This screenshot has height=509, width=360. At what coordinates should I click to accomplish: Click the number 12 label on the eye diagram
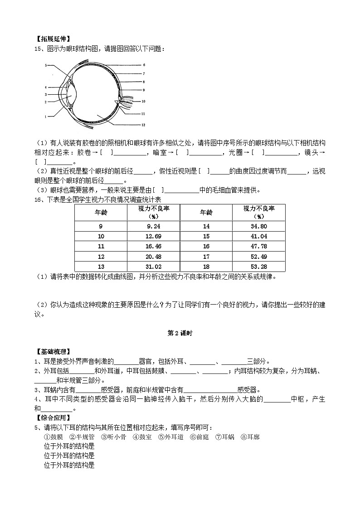pyautogui.click(x=142, y=125)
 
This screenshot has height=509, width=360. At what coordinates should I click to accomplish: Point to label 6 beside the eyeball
pyautogui.click(x=143, y=65)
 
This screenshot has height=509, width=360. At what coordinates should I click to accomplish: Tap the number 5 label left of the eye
pyautogui.click(x=46, y=66)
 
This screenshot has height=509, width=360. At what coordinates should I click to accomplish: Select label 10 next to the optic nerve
pyautogui.click(x=143, y=102)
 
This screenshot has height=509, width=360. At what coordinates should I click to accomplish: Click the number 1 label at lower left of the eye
pyautogui.click(x=46, y=116)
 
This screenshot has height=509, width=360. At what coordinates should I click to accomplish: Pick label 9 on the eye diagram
pyautogui.click(x=143, y=90)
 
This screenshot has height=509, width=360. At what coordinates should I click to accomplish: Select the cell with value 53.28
pyautogui.click(x=258, y=267)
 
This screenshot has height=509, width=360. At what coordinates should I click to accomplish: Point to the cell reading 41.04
pyautogui.click(x=258, y=236)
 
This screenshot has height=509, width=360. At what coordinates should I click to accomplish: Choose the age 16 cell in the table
pyautogui.click(x=206, y=246)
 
